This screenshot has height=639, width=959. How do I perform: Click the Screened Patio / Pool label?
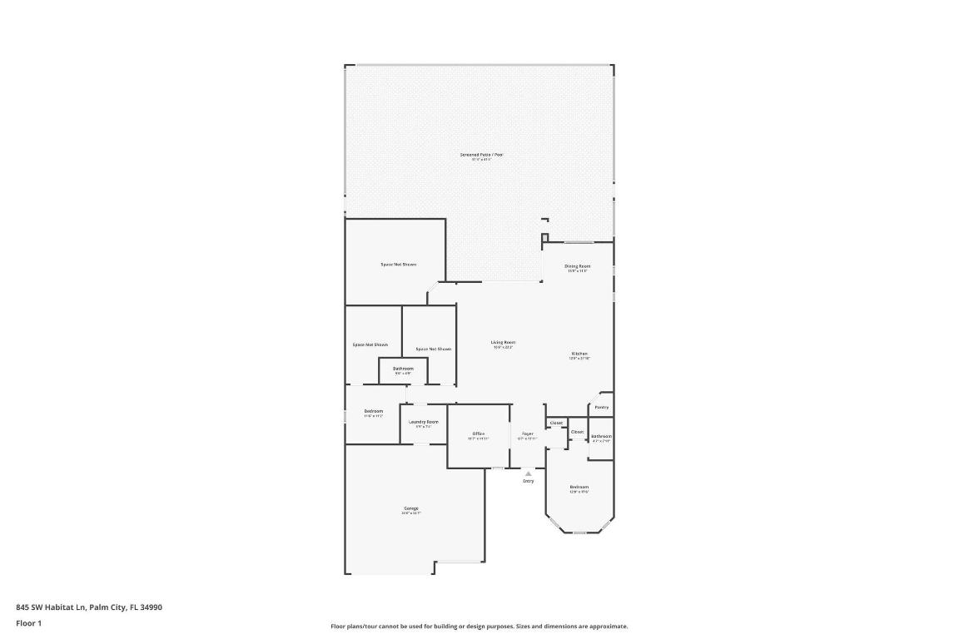pos(482,155)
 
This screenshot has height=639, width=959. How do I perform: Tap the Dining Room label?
pos(577,266)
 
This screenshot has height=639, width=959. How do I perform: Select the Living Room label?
pos(503,342)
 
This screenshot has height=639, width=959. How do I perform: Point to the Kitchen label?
pos(579,354)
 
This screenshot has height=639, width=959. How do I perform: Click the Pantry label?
pos(601,408)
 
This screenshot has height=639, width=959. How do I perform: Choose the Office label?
pos(478,433)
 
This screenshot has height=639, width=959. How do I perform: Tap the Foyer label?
pos(527,433)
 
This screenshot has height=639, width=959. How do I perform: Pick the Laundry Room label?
pos(424,422)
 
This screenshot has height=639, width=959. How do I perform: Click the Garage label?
pos(411,508)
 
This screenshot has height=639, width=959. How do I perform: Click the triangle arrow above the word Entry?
pos(528,473)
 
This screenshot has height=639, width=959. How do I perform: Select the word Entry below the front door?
pos(528,481)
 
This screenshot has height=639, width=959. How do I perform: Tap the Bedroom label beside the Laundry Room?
pos(373,411)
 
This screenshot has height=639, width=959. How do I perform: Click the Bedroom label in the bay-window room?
pos(579,487)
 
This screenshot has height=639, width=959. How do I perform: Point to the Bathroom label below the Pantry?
pos(601,436)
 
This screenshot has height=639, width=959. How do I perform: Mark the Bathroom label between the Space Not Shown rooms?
pos(403,369)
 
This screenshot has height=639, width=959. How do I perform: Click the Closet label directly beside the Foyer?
pos(556,423)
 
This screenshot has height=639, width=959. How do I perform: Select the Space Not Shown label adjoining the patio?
pos(398,264)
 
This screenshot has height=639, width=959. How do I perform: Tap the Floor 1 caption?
pos(28,623)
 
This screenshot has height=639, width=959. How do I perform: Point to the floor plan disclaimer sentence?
pos(479,627)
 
